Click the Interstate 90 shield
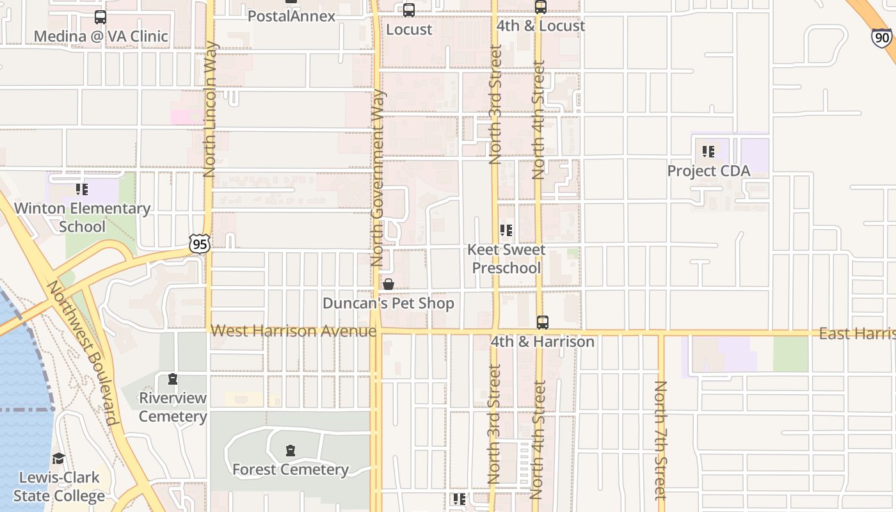pos(881,37)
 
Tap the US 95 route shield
pos(200,243)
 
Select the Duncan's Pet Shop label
pos(388,303)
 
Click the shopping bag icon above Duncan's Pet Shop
pos(388,284)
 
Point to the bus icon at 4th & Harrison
pos(542,322)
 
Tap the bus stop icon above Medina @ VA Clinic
pos(100,17)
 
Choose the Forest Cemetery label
pos(290,470)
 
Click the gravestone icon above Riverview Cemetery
pos(172,379)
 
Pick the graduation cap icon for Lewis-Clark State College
pos(58,458)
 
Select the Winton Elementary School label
pos(82,218)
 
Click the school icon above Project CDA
pos(708,152)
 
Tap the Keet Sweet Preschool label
pos(506,259)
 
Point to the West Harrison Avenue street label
pos(293,331)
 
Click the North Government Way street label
pos(378,178)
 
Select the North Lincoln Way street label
pos(211,109)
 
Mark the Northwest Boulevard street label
pos(84,353)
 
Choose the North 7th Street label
pos(660,440)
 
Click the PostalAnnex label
pos(291,16)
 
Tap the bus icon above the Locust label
pos(409,10)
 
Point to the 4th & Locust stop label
pos(541,26)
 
